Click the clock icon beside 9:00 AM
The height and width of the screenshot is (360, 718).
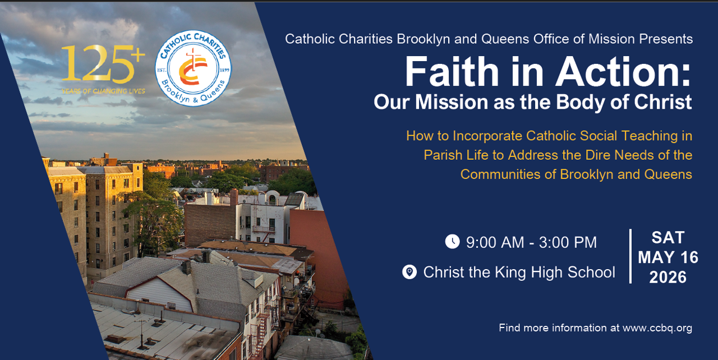tap(452, 242)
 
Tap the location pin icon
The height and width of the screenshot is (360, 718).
tap(409, 273)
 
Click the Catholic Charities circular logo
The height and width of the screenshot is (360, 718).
tap(193, 68)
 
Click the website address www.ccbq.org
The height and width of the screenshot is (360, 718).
tap(657, 328)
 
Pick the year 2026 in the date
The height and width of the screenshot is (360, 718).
tap(668, 277)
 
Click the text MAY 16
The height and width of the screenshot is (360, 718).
tap(668, 257)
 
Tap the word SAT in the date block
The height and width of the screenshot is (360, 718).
tap(668, 238)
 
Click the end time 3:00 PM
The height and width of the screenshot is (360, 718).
tap(568, 242)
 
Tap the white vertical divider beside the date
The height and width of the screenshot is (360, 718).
tap(630, 256)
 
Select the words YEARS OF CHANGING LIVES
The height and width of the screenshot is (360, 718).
tap(103, 91)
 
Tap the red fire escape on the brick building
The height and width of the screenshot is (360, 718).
tap(260, 331)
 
